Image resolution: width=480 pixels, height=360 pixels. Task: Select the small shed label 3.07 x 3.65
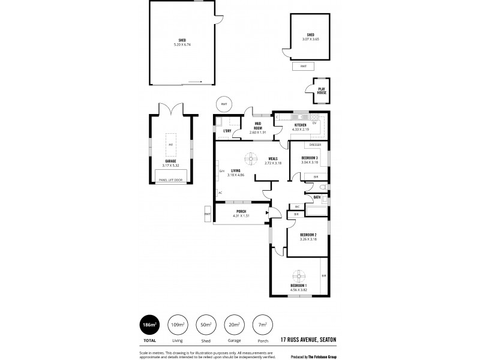pos(310,37)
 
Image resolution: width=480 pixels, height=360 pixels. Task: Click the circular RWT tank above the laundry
pos(224,104)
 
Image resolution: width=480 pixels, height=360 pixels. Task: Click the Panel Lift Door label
pos(170,180)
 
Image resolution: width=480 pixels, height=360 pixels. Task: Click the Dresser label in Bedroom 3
pos(315,145)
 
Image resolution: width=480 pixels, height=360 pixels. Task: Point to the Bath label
pos(317,197)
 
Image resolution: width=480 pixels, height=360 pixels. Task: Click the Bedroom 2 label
pos(308,236)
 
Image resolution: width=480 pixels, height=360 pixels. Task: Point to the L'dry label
pos(227,130)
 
